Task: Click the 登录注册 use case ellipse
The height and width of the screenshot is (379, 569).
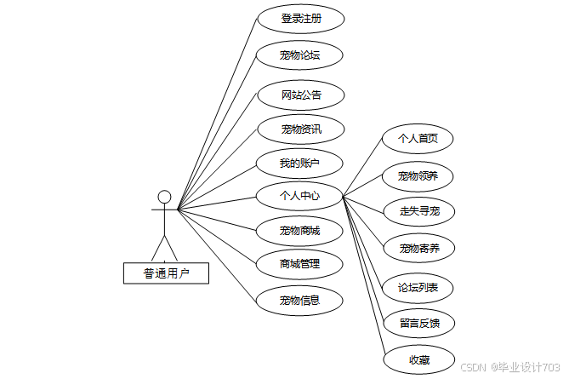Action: coord(300,19)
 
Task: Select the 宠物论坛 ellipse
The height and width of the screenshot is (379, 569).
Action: coord(300,56)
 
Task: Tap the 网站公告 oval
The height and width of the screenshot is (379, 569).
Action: coord(300,94)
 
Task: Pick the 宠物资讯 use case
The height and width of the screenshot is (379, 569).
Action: coord(300,129)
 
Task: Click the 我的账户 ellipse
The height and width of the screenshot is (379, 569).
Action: coord(300,163)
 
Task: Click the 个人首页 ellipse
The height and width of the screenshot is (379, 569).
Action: coord(418,138)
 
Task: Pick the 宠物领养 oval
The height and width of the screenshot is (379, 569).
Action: coord(418,176)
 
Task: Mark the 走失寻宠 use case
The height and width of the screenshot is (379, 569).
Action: coord(418,211)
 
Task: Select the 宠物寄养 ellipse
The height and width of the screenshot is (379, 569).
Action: coord(418,249)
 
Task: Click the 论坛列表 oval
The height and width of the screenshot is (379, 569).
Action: coord(418,288)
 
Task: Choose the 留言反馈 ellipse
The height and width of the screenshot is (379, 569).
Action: coord(418,324)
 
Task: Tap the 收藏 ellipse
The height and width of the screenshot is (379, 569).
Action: coord(418,359)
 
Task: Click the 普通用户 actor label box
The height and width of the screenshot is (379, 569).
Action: coord(165,273)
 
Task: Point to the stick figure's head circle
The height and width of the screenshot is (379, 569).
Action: coord(165,197)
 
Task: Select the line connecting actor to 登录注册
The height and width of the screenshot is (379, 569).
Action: coord(217,114)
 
